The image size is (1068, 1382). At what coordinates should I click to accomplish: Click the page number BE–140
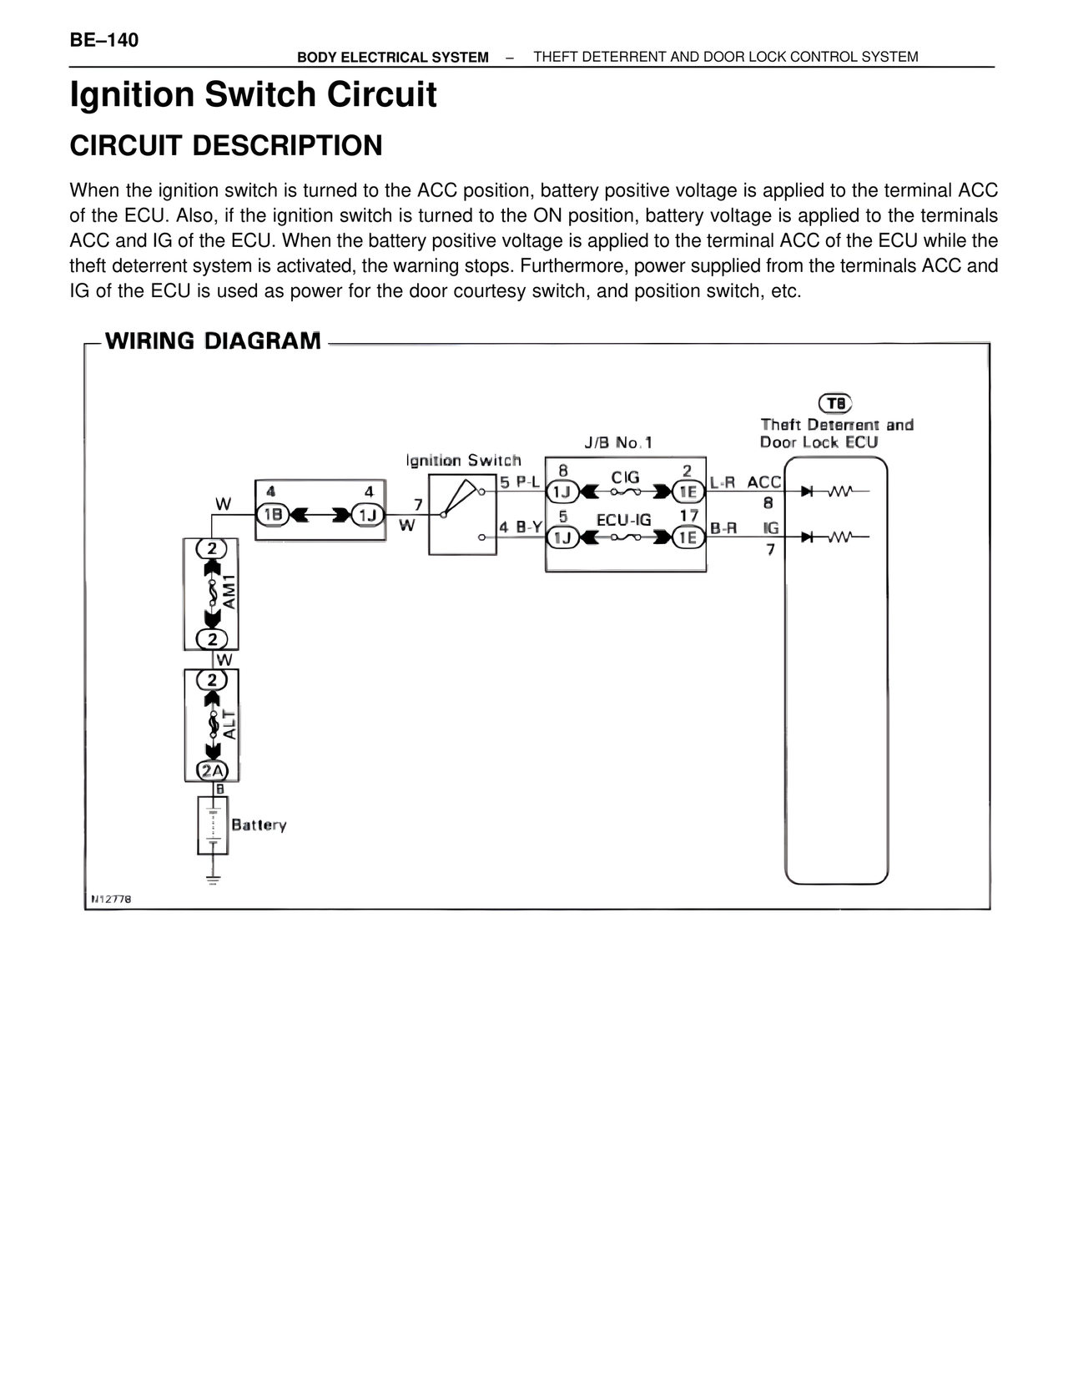[103, 40]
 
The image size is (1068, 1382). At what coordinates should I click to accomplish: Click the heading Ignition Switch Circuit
[253, 95]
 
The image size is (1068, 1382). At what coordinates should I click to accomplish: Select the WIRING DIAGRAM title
[213, 340]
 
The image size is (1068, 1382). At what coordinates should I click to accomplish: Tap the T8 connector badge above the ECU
[834, 403]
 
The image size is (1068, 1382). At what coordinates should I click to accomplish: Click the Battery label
[259, 825]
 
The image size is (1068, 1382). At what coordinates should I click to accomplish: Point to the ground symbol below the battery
[213, 880]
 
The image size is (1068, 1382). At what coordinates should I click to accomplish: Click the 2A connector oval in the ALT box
[212, 771]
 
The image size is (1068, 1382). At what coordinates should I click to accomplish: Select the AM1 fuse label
[229, 592]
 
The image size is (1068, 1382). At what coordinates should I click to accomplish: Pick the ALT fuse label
[229, 724]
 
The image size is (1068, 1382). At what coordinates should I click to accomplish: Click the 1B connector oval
[273, 515]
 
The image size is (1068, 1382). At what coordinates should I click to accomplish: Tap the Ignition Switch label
[463, 460]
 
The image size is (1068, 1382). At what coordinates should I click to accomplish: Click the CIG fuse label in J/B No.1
[626, 477]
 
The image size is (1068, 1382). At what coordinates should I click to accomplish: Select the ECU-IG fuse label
[623, 520]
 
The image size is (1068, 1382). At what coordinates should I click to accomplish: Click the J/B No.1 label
[618, 442]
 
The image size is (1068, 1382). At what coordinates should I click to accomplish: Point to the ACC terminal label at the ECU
[763, 482]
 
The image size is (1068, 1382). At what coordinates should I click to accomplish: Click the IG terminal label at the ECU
[770, 528]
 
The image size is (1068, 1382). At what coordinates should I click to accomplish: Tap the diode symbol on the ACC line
[808, 491]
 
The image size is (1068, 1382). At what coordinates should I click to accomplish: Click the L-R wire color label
[723, 482]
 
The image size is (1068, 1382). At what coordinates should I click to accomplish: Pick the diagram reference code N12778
[111, 899]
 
